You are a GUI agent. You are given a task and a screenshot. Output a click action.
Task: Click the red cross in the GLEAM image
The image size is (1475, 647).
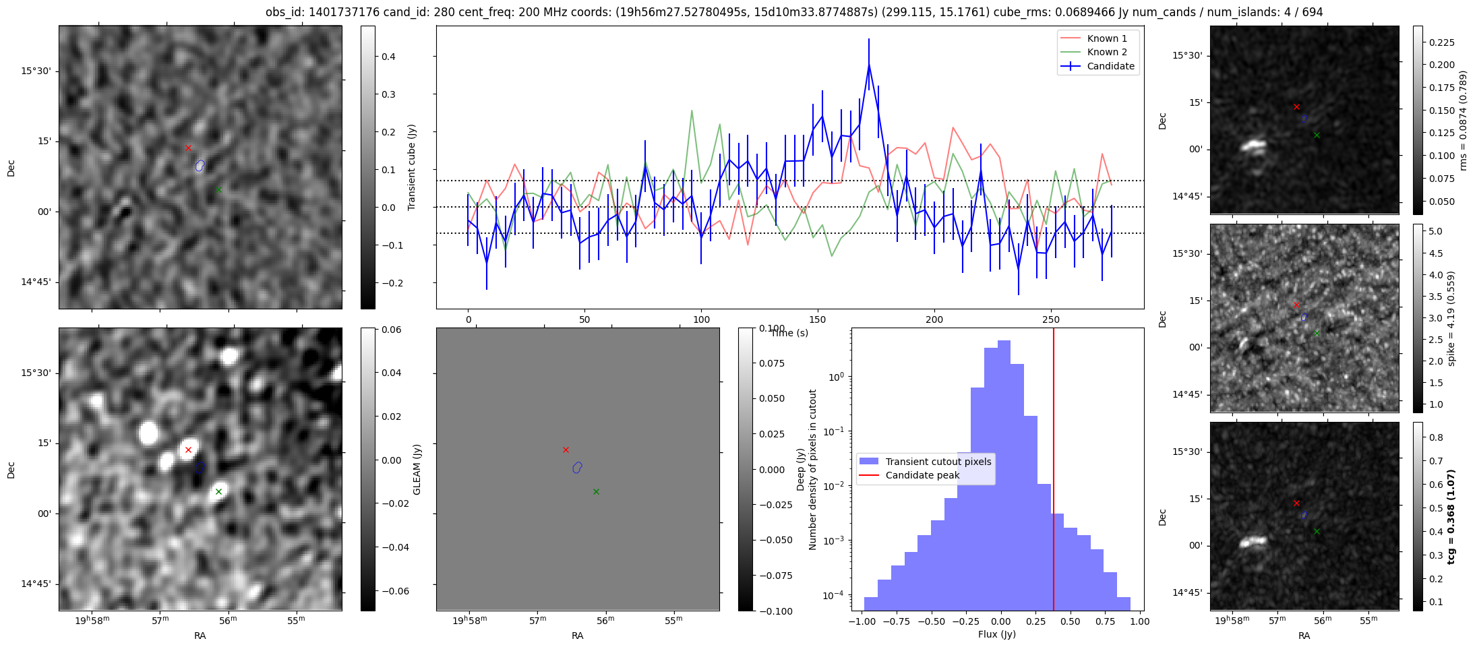click(188, 450)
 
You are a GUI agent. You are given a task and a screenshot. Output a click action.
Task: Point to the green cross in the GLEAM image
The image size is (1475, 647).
click(218, 491)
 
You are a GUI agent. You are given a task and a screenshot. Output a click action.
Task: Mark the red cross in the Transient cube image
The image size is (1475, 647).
click(188, 148)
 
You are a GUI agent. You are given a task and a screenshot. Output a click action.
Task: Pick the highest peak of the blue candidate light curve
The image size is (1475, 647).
click(869, 63)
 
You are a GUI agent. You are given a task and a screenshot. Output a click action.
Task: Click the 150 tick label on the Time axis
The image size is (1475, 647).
click(817, 319)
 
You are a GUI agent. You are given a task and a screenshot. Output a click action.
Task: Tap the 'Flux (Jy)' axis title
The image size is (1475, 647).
click(996, 634)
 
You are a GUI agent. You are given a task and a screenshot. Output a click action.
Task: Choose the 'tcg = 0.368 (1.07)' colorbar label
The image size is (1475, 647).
click(1451, 516)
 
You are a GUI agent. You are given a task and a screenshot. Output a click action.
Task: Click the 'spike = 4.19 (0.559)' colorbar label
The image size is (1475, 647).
click(1451, 318)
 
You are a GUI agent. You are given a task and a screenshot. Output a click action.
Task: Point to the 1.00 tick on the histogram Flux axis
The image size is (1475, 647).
click(1139, 621)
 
